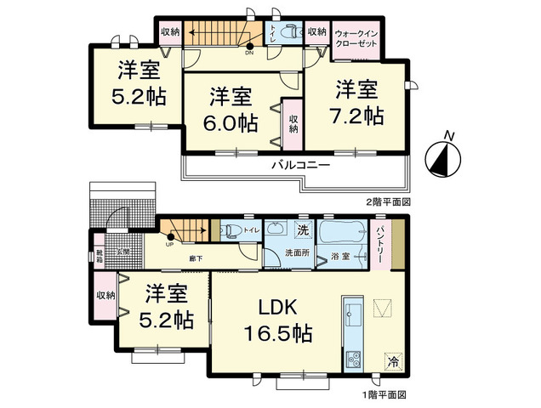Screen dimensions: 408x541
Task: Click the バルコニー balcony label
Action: [301, 165]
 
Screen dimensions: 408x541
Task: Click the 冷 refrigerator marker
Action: [393, 360]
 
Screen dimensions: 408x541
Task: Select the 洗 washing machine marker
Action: [302, 229]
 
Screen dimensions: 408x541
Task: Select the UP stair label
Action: [170, 244]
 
